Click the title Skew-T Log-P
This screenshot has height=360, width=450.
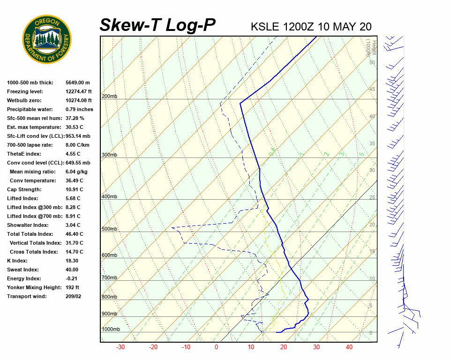pyautogui.click(x=157, y=25)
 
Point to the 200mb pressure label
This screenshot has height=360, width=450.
pyautogui.click(x=109, y=97)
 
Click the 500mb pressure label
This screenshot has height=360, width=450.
pyautogui.click(x=109, y=229)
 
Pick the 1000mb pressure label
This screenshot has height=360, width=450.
pyautogui.click(x=111, y=330)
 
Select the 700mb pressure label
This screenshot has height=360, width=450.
pyautogui.click(x=109, y=278)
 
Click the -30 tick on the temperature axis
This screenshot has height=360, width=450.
pyautogui.click(x=120, y=347)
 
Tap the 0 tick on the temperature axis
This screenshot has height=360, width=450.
pyautogui.click(x=216, y=347)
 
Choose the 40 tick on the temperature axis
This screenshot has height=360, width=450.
pyautogui.click(x=349, y=347)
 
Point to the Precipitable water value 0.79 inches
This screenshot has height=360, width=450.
pyautogui.click(x=79, y=109)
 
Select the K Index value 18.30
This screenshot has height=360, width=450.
pyautogui.click(x=72, y=261)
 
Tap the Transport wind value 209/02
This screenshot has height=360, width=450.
pyautogui.click(x=73, y=296)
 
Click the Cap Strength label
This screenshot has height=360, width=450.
pyautogui.click(x=24, y=189)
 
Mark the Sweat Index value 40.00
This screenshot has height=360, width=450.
pyautogui.click(x=72, y=270)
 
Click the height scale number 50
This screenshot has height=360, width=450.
pyautogui.click(x=372, y=62)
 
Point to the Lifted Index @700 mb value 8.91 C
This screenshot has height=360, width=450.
pyautogui.click(x=73, y=216)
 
